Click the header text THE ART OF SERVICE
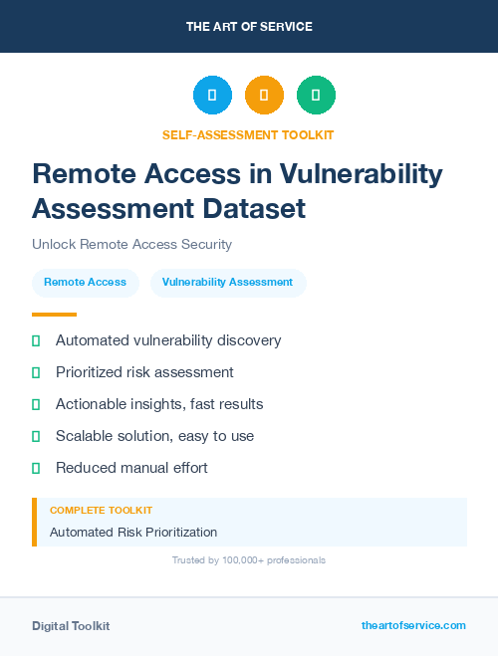pyautogui.click(x=249, y=27)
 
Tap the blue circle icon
pyautogui.click(x=212, y=96)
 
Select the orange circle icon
pyautogui.click(x=264, y=96)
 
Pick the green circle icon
pyautogui.click(x=316, y=96)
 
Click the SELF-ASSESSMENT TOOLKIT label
pyautogui.click(x=249, y=134)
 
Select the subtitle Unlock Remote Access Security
pyautogui.click(x=131, y=244)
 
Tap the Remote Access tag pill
pyautogui.click(x=85, y=283)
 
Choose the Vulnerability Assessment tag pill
pyautogui.click(x=227, y=283)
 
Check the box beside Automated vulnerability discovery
pyautogui.click(x=36, y=340)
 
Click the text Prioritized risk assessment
pyautogui.click(x=144, y=372)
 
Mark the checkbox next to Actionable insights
pyautogui.click(x=36, y=404)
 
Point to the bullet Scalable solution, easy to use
pyautogui.click(x=154, y=436)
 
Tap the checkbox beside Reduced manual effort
pyautogui.click(x=36, y=468)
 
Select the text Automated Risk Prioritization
pyautogui.click(x=133, y=532)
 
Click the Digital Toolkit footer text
pyautogui.click(x=71, y=626)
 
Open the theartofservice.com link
pyautogui.click(x=413, y=625)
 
